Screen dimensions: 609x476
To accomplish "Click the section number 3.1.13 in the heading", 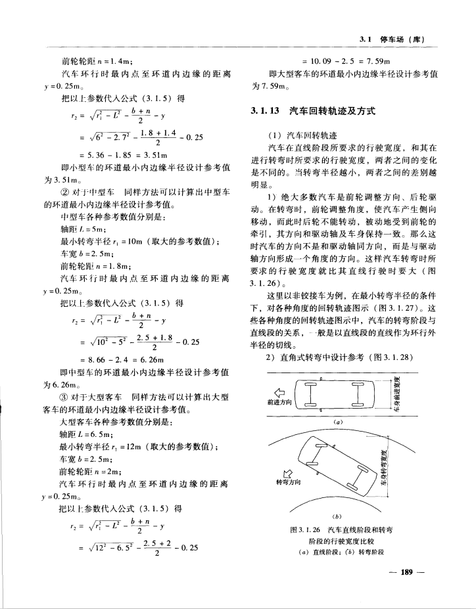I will click(266, 112).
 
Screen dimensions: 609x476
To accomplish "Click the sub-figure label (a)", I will click(338, 421).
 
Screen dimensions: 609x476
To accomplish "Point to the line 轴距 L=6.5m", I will click(86, 434).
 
